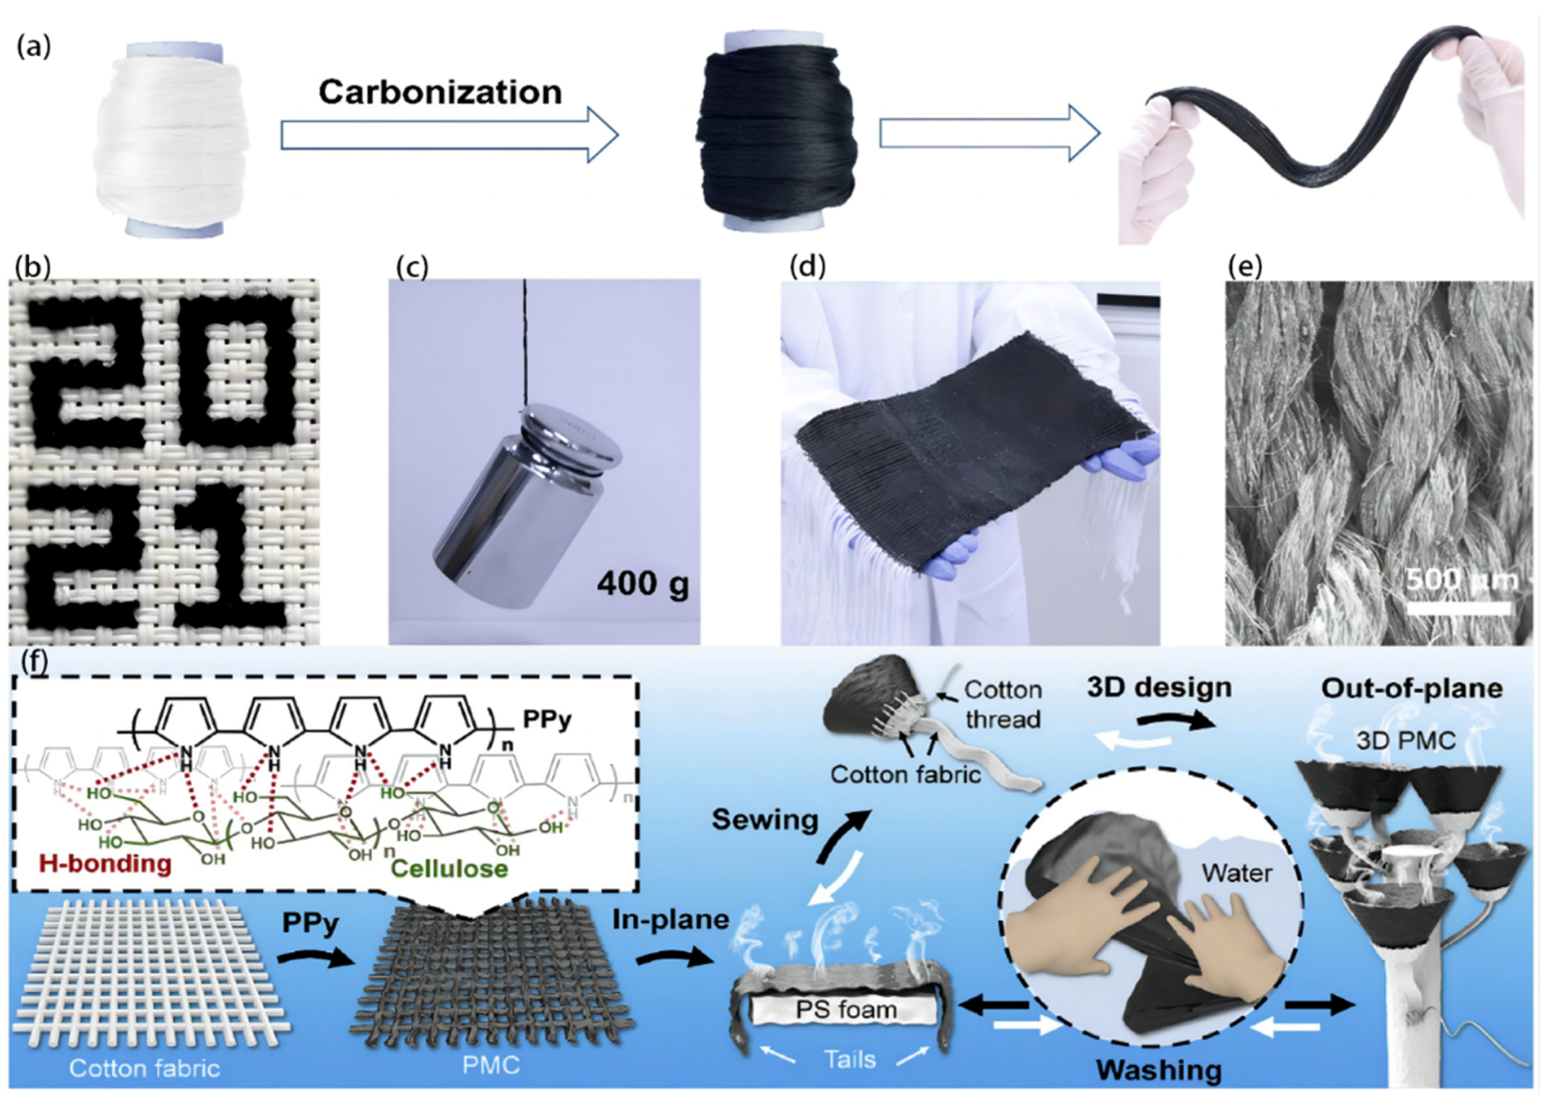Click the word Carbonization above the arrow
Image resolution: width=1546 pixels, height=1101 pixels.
440,92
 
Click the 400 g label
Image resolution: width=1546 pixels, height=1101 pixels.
642,584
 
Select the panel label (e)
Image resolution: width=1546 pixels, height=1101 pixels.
1245,267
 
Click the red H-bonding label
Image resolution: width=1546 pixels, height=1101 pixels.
105,863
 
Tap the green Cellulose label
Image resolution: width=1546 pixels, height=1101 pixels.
449,869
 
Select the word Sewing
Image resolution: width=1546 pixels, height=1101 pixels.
764,820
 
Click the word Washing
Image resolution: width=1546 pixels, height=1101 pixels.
1159,1069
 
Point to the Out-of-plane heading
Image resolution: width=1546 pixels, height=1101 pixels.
1411,688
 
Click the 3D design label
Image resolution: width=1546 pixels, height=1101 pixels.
1159,688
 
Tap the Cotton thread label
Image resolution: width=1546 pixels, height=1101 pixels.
1003,704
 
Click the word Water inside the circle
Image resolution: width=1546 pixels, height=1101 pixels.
1237,873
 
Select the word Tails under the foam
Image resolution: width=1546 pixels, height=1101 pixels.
850,1058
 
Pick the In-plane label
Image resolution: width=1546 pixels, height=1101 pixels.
671,920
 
